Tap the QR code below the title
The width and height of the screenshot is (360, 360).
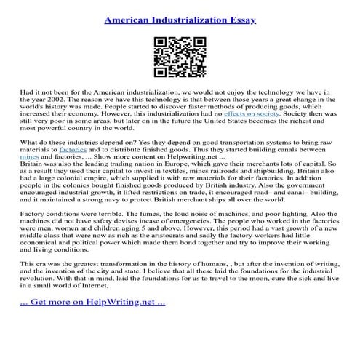[180, 56]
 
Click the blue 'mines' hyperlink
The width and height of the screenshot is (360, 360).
[30, 177]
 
